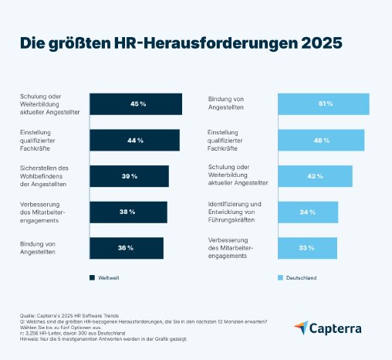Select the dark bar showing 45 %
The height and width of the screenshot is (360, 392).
point(136,104)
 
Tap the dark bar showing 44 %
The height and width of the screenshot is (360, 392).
point(134,141)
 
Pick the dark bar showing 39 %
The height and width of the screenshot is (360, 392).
point(129,176)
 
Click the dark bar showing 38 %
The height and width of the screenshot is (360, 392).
point(128,212)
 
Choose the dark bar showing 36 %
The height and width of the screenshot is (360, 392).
point(127,248)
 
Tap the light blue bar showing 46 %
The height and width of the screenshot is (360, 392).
point(321,141)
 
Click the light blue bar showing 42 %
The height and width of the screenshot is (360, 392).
point(315,176)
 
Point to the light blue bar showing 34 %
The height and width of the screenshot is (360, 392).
point(308,212)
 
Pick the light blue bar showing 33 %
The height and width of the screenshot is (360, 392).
point(307,248)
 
